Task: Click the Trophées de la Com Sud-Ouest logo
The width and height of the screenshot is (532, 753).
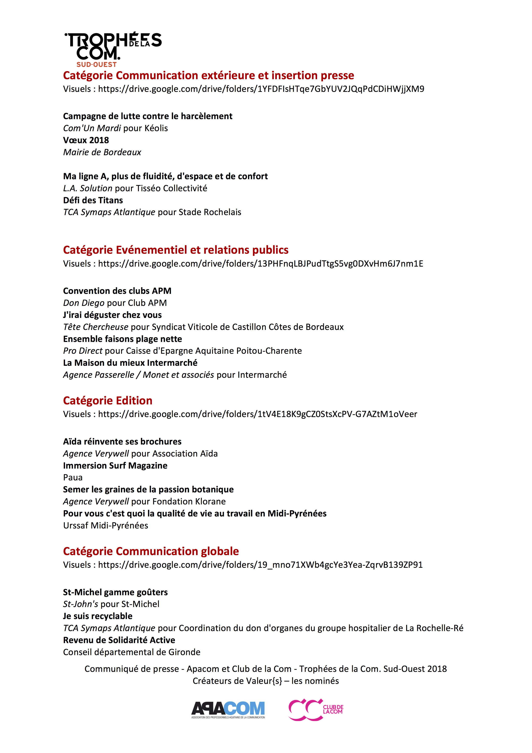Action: (x=112, y=49)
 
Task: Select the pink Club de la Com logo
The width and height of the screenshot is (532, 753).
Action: (x=315, y=709)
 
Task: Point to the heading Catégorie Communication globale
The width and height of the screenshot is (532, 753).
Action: (x=151, y=551)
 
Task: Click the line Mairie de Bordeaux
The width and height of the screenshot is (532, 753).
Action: (x=102, y=152)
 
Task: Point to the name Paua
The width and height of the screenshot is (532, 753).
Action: (x=73, y=478)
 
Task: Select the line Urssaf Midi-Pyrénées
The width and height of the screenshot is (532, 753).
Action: (x=106, y=525)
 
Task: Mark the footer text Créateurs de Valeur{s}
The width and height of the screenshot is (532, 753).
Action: (x=237, y=681)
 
